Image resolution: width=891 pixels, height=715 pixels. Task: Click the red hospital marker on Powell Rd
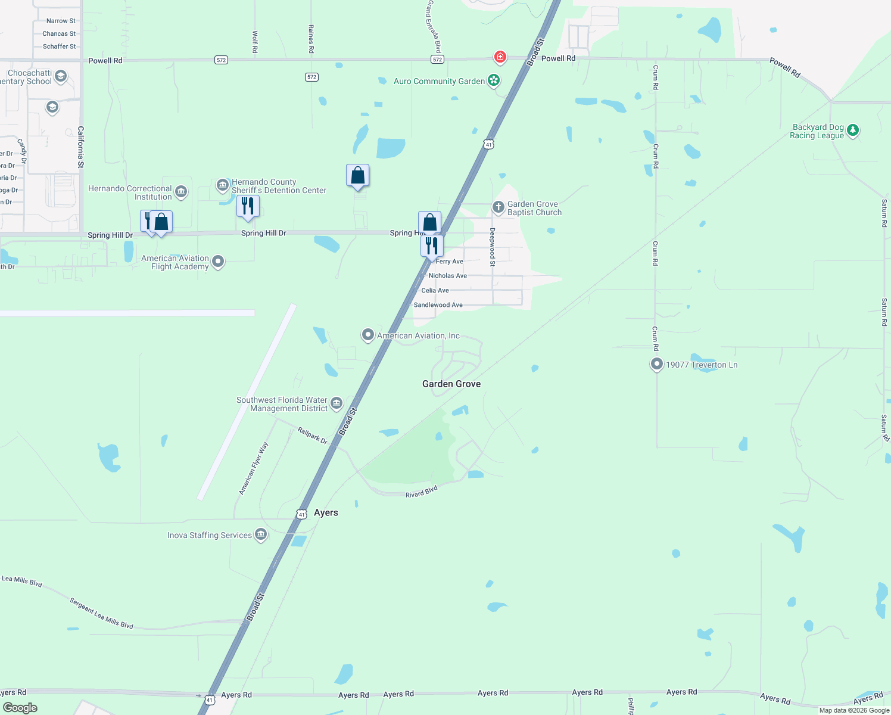tap(500, 57)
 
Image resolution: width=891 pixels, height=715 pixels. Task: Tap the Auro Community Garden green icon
tap(493, 80)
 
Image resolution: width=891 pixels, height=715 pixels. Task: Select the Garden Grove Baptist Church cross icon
tap(498, 207)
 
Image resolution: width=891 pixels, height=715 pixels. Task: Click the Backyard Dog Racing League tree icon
tap(853, 130)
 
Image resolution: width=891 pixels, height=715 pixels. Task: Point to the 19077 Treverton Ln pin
tap(656, 363)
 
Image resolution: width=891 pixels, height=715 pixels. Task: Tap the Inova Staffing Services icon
tap(260, 534)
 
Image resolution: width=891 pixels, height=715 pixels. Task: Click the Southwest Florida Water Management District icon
tap(337, 403)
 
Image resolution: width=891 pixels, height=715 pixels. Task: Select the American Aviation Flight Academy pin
tap(218, 261)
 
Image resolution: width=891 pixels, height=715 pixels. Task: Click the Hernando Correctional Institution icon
tap(181, 192)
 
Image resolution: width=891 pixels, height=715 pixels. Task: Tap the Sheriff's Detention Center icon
tap(223, 185)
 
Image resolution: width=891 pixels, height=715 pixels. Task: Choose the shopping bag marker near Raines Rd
tap(357, 175)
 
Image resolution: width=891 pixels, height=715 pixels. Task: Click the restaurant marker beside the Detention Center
tap(248, 206)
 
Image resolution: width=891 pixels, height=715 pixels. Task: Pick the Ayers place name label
tap(326, 512)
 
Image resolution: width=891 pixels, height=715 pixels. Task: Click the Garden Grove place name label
tap(451, 384)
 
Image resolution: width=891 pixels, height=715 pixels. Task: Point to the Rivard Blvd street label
tap(422, 492)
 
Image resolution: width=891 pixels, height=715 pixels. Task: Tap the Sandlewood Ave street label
tap(438, 305)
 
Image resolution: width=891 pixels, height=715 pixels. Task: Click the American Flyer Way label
tap(254, 468)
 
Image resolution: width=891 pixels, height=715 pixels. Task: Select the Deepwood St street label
tap(493, 247)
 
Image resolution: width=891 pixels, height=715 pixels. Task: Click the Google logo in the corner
tap(20, 708)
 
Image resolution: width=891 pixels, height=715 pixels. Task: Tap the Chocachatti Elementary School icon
tap(60, 77)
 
